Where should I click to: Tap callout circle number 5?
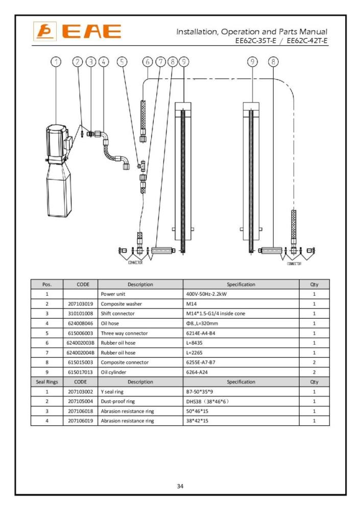(x=122, y=62)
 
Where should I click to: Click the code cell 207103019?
(x=80, y=303)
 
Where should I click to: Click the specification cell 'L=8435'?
(x=195, y=343)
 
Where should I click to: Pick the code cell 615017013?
(x=80, y=372)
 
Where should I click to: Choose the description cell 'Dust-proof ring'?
(x=117, y=401)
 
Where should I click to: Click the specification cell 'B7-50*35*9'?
(x=201, y=392)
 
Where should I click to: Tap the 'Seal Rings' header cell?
(x=47, y=381)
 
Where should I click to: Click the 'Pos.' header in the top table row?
(x=47, y=284)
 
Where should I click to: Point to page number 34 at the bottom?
(x=180, y=486)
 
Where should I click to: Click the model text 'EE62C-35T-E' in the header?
(x=257, y=41)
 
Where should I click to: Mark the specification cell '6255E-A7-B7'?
(x=201, y=362)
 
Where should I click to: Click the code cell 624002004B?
(x=80, y=352)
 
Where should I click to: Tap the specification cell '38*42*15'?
(x=198, y=421)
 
